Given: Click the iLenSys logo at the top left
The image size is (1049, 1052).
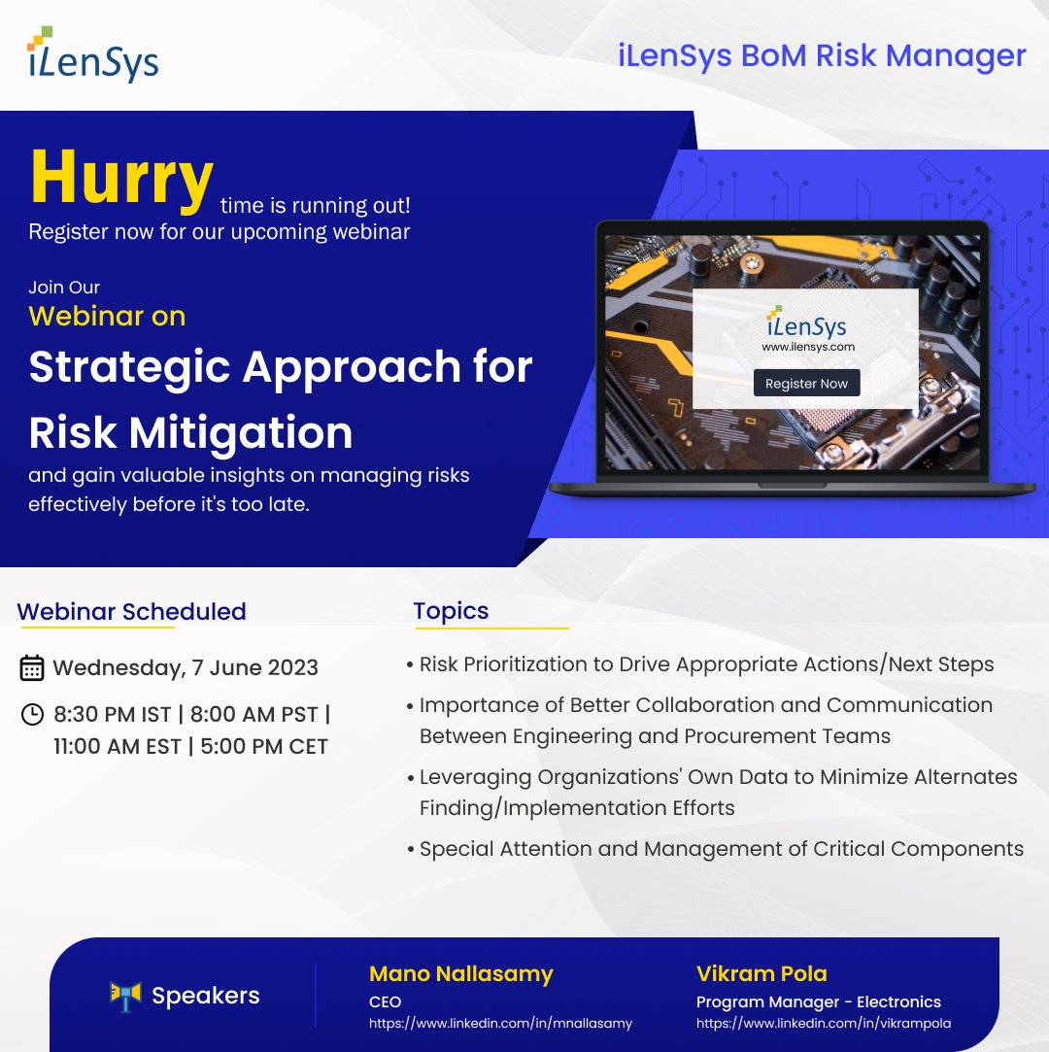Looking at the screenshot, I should click(93, 55).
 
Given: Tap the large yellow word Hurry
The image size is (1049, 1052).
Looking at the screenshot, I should click(121, 181).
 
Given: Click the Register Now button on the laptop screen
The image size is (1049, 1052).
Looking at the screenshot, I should click(806, 383).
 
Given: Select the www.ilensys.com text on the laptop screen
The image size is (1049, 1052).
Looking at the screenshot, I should click(807, 346).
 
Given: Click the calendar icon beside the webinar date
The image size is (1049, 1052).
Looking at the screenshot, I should click(32, 668).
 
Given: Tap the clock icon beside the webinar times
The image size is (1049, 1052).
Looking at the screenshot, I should click(32, 715).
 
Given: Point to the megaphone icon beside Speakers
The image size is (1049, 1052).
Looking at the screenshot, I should click(126, 996).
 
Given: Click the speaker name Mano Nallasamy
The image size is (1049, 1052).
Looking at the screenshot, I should click(461, 973).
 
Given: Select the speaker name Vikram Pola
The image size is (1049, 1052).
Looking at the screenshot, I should click(761, 973).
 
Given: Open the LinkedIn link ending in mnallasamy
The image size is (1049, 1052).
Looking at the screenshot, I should click(500, 1023).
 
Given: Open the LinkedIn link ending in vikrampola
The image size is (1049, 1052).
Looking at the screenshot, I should click(824, 1023).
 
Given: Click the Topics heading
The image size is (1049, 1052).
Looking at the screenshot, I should click(451, 611).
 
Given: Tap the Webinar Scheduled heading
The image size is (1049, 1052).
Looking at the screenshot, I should click(131, 612).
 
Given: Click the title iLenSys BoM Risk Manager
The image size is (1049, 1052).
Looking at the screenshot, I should click(822, 55).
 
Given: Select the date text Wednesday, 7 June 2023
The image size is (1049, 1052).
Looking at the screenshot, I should click(186, 668).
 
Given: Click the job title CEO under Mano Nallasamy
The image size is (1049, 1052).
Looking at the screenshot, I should click(385, 1001).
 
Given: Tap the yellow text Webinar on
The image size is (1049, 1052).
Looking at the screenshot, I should click(107, 316).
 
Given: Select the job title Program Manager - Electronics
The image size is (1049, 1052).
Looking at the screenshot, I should click(818, 1001).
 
